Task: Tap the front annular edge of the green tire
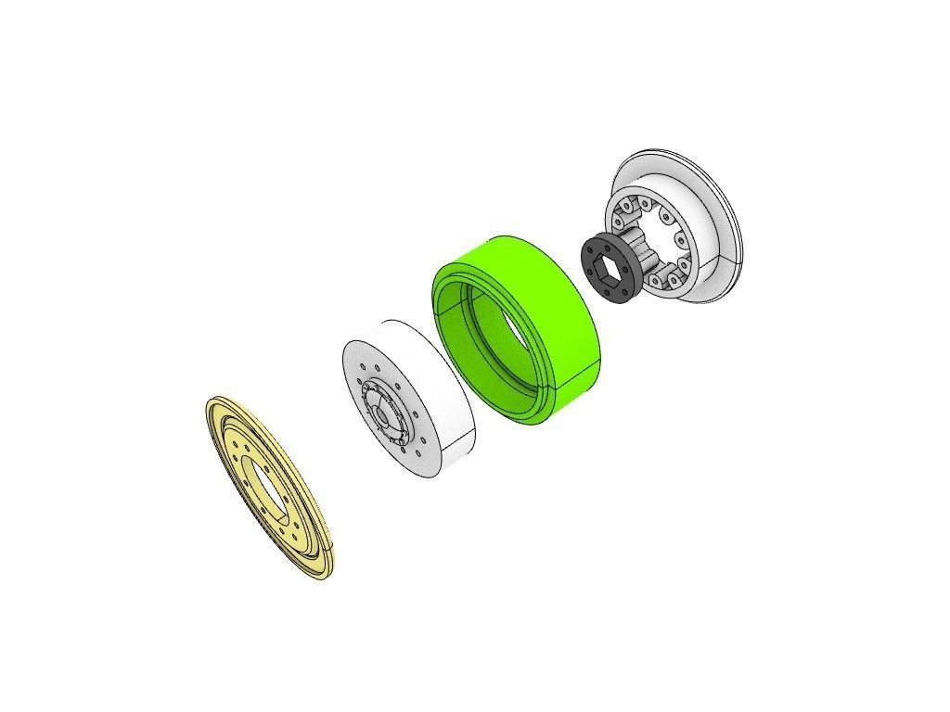pos(443,306)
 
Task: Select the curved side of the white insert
pos(436,380)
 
